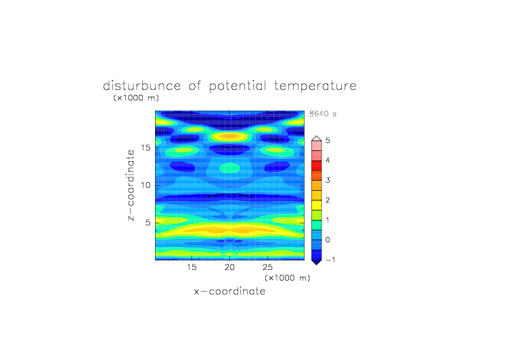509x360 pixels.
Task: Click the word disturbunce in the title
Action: coord(142,86)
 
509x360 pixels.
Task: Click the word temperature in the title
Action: coord(315,87)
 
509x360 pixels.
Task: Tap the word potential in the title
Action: coord(238,87)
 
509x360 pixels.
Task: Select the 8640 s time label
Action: coord(323,114)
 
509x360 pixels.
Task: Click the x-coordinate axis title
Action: coord(229,291)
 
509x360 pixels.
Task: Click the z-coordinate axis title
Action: coord(131,185)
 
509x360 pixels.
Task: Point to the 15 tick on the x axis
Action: coord(192,267)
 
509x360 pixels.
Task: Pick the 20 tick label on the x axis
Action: coord(229,267)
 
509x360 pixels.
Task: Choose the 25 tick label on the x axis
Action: coord(267,267)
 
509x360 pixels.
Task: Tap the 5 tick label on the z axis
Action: coord(148,223)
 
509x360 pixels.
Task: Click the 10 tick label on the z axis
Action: coord(146,185)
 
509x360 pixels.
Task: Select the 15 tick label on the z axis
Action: coord(146,148)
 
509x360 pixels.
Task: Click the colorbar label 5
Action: coord(328,141)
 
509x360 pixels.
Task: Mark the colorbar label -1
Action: coord(330,260)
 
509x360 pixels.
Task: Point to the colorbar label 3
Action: coord(328,180)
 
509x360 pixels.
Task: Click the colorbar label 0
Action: coord(328,240)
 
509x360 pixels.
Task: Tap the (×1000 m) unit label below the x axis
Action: coord(287,278)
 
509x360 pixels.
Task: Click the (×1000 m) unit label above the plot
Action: coord(136,97)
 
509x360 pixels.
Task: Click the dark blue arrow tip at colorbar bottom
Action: coord(317,264)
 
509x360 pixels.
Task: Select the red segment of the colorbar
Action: coord(317,166)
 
